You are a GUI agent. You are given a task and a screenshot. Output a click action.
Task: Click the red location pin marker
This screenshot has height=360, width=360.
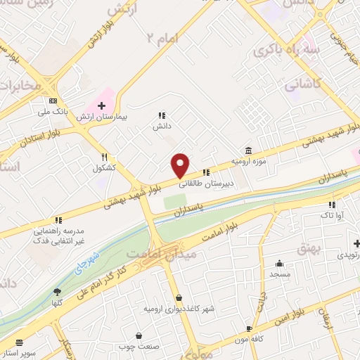(x=181, y=165)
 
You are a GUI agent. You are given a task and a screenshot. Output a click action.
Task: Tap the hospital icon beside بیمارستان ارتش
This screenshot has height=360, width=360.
(x=102, y=105)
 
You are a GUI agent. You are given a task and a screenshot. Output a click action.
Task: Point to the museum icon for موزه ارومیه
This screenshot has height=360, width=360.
(x=248, y=150)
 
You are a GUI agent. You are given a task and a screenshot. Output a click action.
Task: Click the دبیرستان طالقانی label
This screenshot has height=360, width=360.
(x=207, y=184)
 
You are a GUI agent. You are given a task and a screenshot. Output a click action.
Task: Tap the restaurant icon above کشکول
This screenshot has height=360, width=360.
(x=104, y=157)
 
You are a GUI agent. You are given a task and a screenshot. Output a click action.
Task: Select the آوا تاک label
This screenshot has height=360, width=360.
(x=330, y=217)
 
